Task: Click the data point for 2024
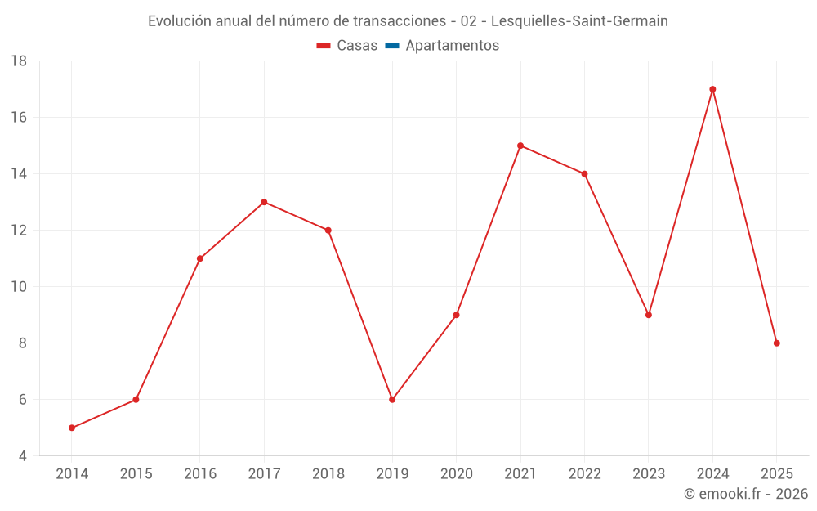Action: point(712,89)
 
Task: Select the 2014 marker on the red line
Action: point(72,428)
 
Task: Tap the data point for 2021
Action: point(520,146)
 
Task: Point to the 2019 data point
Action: point(392,400)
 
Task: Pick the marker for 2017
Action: point(264,202)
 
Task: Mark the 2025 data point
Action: point(777,343)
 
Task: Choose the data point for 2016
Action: point(200,258)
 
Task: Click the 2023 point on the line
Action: point(649,315)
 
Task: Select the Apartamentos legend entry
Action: point(452,46)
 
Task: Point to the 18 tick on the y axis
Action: point(19,61)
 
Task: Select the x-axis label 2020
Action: point(457,474)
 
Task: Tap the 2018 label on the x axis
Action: point(328,474)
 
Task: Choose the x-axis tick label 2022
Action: point(585,474)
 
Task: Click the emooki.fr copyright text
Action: point(746,494)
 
